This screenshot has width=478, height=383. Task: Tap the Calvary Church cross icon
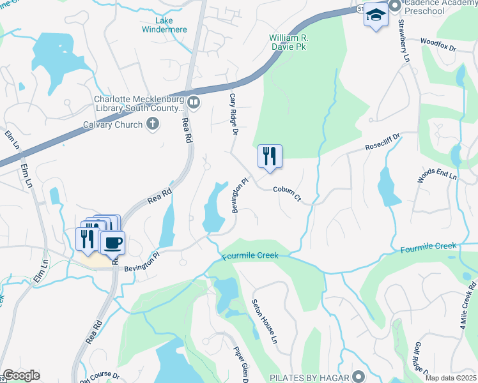point(152,124)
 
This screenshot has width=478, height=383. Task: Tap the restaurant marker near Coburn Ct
point(270,156)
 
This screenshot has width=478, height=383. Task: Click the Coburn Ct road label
point(287,193)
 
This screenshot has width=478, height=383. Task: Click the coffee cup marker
point(113,243)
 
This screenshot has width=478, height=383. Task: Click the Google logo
point(21,375)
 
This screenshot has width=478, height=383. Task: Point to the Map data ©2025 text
point(451,378)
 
